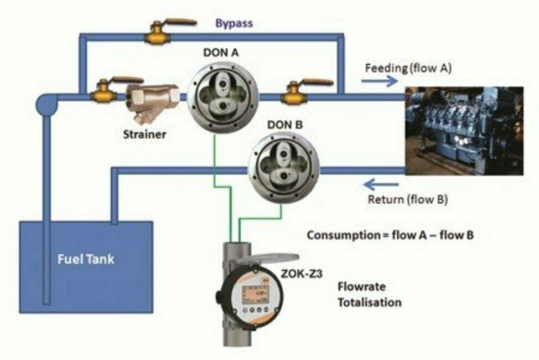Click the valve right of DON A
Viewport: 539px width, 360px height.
click(295, 95)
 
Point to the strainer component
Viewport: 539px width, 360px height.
click(150, 101)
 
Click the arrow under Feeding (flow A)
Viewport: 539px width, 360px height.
click(380, 81)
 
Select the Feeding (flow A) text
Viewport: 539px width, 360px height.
click(408, 69)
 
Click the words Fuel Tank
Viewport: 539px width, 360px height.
click(86, 259)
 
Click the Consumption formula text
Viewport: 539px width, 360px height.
click(390, 235)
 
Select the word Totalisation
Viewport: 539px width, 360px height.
click(370, 303)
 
